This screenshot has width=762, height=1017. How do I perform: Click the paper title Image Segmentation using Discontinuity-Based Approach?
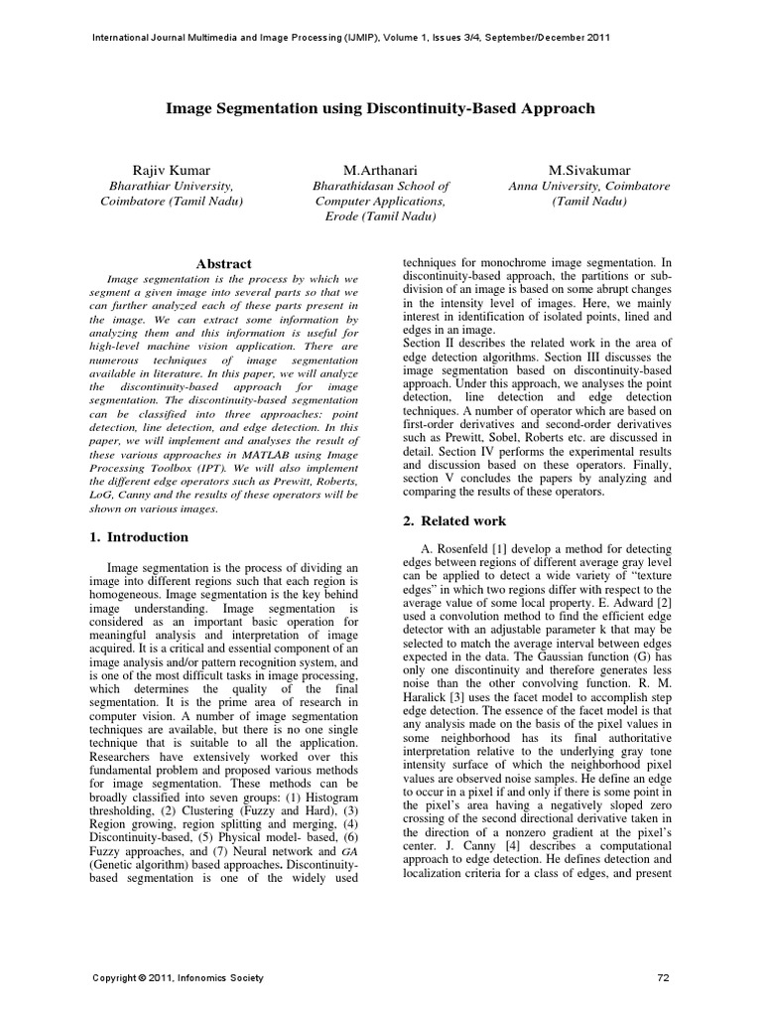(380, 107)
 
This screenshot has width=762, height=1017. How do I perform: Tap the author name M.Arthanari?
(381, 171)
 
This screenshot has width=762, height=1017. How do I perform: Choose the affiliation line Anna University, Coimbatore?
(589, 186)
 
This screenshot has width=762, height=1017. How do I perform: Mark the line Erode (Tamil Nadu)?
(381, 216)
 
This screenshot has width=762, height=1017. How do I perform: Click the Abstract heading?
(223, 264)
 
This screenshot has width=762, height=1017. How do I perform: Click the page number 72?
(664, 978)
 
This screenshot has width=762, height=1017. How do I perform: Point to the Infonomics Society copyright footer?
(178, 978)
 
